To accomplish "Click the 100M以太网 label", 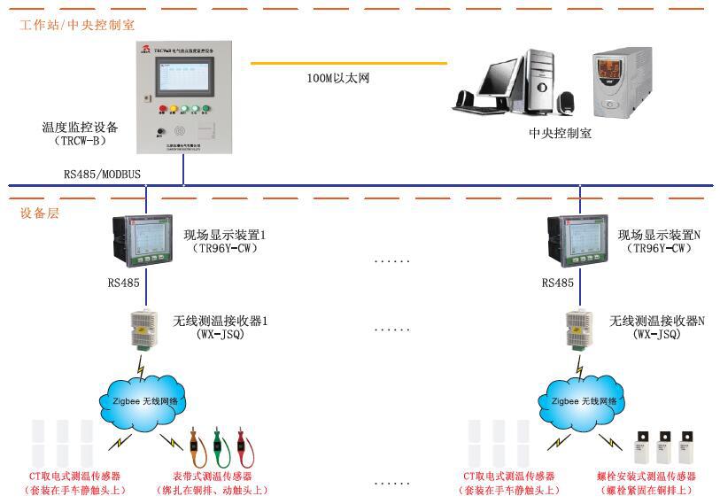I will pyautogui.click(x=337, y=79).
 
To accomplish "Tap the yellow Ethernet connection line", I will pyautogui.click(x=349, y=63).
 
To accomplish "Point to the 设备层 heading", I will pyautogui.click(x=39, y=213).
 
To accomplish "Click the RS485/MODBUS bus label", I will pyautogui.click(x=102, y=174).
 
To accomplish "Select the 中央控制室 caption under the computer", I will pyautogui.click(x=560, y=134).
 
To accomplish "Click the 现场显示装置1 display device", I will pyautogui.click(x=142, y=241).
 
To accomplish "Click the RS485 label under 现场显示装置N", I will pyautogui.click(x=558, y=283).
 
